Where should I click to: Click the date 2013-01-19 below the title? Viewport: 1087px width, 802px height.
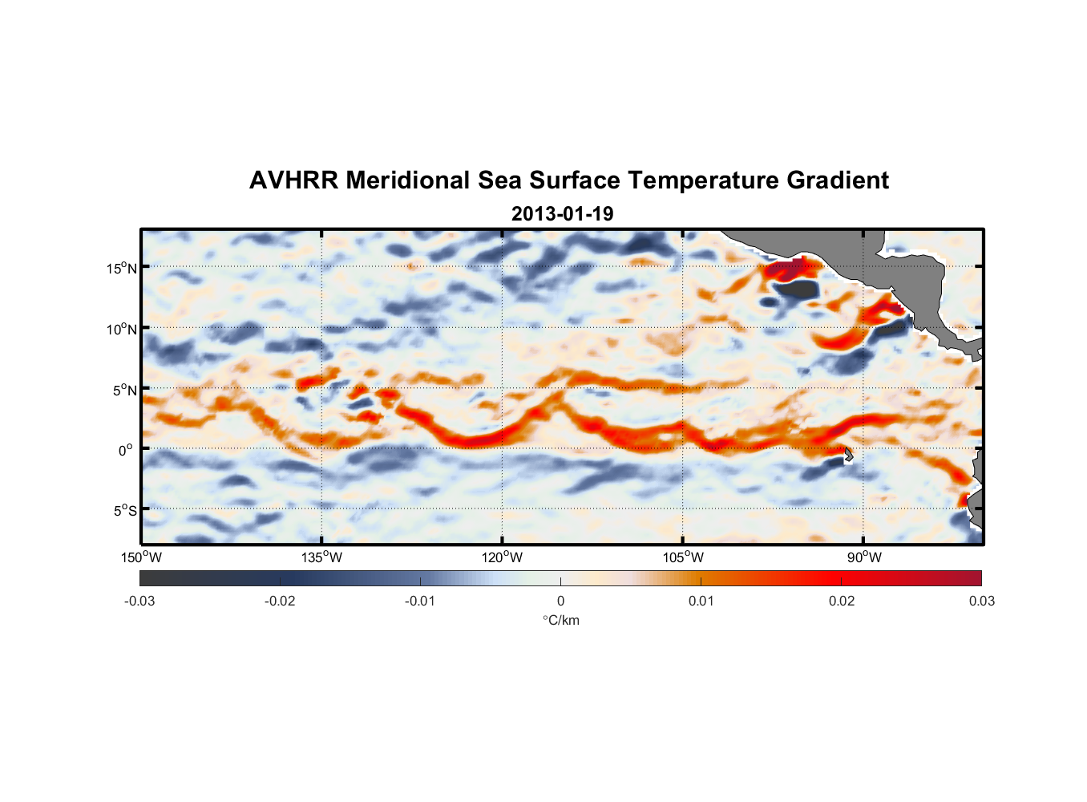click(562, 214)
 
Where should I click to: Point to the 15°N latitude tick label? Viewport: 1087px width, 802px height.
click(121, 268)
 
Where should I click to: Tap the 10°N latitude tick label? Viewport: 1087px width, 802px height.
click(121, 329)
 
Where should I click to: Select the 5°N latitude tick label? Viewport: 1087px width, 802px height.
click(123, 390)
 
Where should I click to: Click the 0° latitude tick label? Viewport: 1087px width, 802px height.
click(126, 450)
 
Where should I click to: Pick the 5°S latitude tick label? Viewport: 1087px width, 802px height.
click(124, 511)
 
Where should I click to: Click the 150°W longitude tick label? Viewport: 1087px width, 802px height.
click(141, 557)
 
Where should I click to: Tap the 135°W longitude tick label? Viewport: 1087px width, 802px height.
click(322, 557)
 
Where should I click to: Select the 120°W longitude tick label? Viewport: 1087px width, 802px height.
click(503, 557)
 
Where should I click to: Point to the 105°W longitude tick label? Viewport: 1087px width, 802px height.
click(683, 557)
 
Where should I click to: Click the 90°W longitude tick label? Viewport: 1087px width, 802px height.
click(864, 557)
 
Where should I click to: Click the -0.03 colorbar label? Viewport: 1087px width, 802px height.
click(139, 601)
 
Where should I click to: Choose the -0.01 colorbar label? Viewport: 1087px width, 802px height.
click(420, 601)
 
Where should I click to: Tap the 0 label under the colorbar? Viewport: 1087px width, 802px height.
click(560, 601)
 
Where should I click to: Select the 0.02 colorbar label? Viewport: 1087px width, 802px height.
click(842, 601)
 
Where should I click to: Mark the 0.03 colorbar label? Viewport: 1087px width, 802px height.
click(981, 601)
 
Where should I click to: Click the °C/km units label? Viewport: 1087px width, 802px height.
click(561, 620)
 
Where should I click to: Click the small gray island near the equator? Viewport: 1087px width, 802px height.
click(848, 454)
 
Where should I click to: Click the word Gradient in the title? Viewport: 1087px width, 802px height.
click(838, 180)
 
